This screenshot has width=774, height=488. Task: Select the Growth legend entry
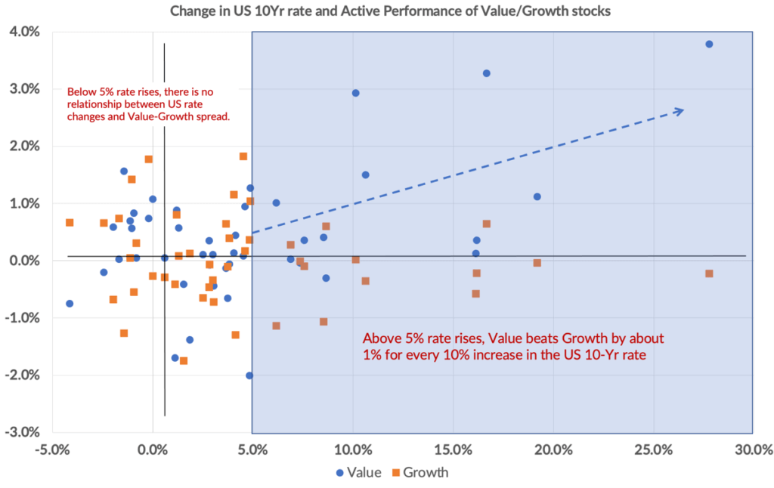420,473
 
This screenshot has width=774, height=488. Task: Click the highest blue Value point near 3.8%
709,44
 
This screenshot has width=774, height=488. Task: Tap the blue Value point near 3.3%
487,73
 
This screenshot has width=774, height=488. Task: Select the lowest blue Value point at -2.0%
249,375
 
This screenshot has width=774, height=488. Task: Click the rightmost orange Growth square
709,273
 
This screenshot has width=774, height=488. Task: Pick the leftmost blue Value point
70,304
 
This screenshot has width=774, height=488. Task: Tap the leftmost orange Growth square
70,223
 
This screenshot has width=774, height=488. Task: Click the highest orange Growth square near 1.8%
243,156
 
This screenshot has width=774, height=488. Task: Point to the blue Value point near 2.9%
356,93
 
